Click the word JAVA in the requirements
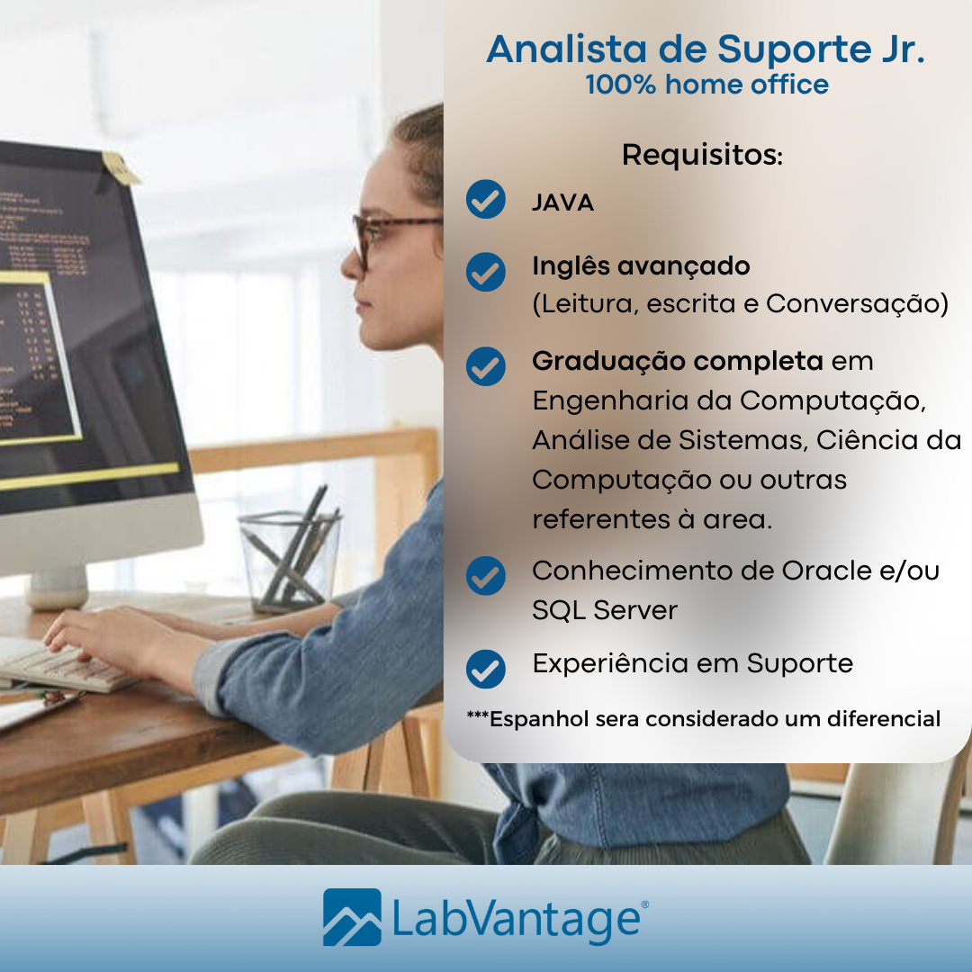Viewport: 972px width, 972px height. click(562, 202)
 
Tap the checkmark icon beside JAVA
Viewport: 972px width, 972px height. click(486, 200)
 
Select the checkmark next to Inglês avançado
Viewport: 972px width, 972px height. click(486, 272)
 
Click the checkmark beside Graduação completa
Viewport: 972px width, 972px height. click(486, 366)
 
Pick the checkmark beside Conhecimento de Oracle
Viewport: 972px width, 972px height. click(486, 576)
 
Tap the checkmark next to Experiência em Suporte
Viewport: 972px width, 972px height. click(486, 669)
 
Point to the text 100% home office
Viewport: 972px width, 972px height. click(706, 85)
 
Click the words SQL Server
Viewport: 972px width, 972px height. click(604, 610)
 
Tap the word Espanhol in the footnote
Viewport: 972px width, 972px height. click(538, 719)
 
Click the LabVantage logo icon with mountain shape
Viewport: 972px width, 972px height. click(352, 917)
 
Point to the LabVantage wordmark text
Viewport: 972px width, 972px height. click(518, 919)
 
